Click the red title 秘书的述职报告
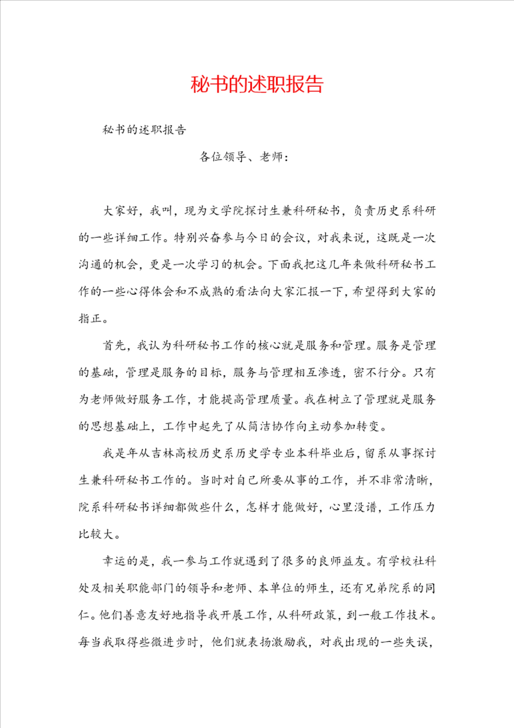click(x=257, y=85)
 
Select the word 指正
click(x=90, y=318)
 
